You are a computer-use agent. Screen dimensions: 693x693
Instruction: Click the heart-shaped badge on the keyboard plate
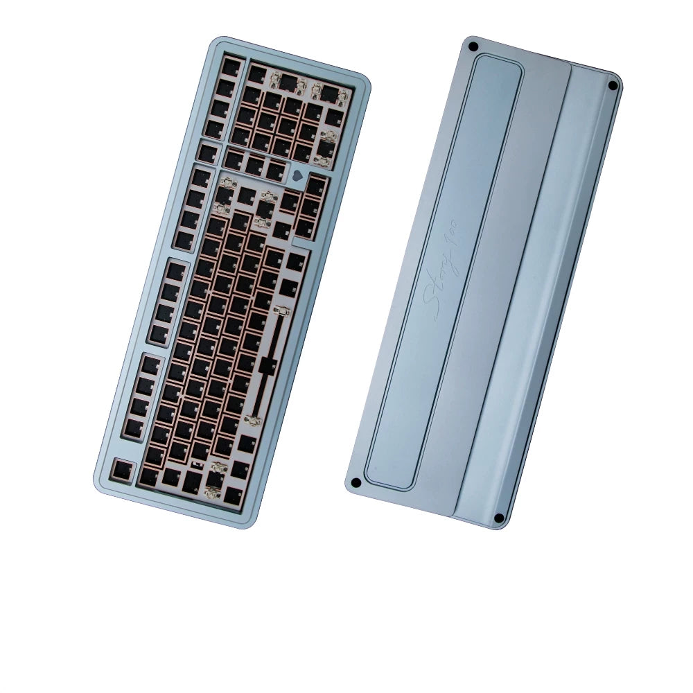299,175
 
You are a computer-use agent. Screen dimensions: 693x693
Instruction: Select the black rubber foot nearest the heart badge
474,47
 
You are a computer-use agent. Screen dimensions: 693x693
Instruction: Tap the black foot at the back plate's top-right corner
613,85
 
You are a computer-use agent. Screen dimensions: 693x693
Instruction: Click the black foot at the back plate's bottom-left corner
356,482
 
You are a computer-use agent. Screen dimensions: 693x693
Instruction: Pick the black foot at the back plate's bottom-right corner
498,518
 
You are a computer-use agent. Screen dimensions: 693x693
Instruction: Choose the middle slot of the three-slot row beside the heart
255,165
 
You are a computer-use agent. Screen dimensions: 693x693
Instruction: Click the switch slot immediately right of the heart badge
316,186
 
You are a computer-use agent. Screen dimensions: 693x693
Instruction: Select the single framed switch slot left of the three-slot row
207,150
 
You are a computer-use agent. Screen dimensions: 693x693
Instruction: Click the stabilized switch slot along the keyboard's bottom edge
216,477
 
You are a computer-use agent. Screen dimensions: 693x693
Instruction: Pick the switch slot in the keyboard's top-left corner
231,67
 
